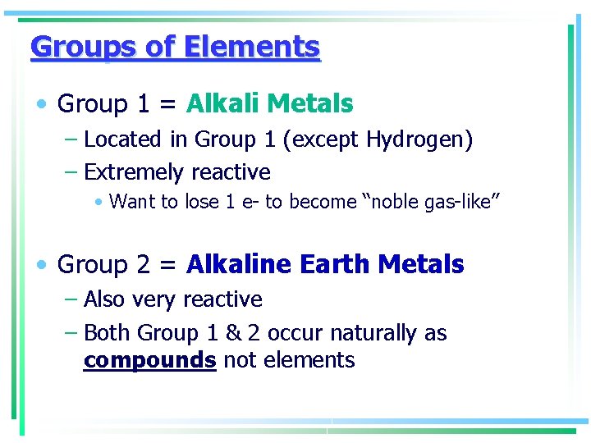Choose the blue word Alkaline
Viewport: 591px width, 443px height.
tap(239, 265)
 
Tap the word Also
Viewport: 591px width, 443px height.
tap(103, 299)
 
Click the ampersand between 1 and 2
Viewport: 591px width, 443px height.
tap(233, 333)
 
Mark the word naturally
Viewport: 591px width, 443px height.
tap(373, 334)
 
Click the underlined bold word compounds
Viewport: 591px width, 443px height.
tap(149, 360)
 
